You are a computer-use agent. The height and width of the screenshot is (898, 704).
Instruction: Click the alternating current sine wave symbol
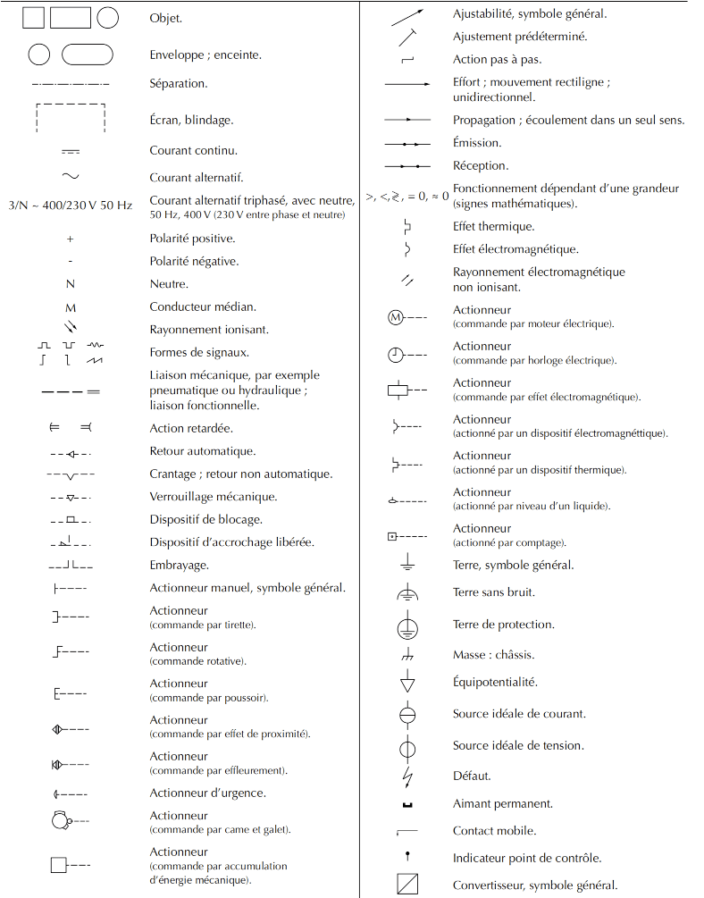[x=71, y=177]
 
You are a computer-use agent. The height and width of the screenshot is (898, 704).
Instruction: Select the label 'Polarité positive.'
[x=192, y=239]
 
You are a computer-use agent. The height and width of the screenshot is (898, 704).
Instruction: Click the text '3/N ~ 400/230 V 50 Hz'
[x=70, y=206]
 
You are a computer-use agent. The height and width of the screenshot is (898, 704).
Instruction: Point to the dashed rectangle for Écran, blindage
[x=71, y=118]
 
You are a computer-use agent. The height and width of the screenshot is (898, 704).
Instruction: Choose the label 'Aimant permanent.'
[x=502, y=803]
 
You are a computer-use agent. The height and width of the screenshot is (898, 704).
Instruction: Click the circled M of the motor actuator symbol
[x=395, y=317]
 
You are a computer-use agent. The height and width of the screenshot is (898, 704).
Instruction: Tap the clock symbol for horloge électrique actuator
[x=395, y=354]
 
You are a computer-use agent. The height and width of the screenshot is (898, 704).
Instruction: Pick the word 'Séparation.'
[x=179, y=83]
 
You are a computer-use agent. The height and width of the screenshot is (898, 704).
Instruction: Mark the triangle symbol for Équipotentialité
[x=407, y=684]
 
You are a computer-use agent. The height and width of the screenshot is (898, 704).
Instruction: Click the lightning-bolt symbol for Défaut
[x=407, y=776]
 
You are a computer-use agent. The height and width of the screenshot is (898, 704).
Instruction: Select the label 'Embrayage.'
[x=179, y=565]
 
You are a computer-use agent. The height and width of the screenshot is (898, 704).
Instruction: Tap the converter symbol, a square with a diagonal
[x=407, y=885]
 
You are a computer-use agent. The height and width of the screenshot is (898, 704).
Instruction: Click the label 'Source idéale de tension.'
[x=518, y=745]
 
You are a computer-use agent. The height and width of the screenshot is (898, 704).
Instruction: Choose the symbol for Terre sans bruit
[x=407, y=593]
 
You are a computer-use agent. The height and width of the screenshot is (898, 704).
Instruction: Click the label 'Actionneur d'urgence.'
[x=207, y=793]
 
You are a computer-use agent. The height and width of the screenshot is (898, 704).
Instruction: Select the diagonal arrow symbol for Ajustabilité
[x=407, y=15]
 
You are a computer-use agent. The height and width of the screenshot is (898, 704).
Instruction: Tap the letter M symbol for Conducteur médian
[x=71, y=307]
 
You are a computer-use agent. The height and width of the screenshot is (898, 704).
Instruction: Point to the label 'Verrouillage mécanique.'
[x=213, y=496]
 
